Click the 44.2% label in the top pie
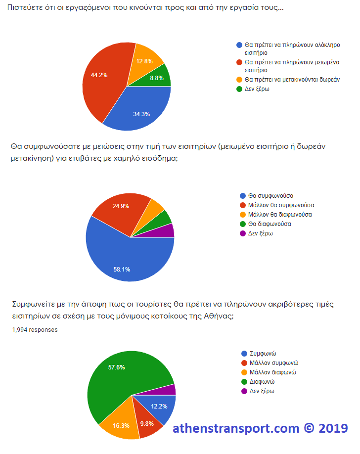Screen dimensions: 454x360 [x=99, y=75]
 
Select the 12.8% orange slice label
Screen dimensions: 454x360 [x=144, y=61]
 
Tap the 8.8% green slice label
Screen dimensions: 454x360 [x=157, y=78]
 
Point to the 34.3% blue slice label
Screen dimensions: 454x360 [x=141, y=114]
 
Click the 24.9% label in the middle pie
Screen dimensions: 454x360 [x=121, y=206]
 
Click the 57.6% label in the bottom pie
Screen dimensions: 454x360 [x=116, y=367]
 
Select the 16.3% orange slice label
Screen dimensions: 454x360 [x=121, y=425]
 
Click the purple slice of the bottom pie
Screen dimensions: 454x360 [x=171, y=390]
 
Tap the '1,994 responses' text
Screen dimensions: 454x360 [x=35, y=330]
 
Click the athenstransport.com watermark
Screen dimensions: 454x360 [x=260, y=428]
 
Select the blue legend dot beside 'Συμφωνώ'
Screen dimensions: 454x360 [x=244, y=354]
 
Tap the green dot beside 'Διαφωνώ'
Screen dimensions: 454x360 [x=244, y=382]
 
